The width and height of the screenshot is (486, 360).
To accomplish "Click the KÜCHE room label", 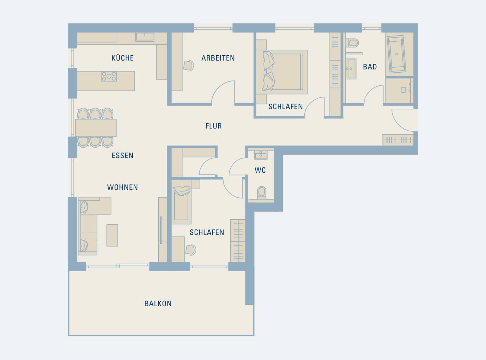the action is (x=122, y=58).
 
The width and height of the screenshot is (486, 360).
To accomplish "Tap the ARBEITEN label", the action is (x=218, y=58).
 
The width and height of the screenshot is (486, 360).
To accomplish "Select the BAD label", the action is (x=370, y=67).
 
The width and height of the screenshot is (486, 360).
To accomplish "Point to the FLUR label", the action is (x=214, y=126).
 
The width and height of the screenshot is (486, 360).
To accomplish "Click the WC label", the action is (x=260, y=170).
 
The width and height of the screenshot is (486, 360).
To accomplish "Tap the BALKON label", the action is (x=158, y=304).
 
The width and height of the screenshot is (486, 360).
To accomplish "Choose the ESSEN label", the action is (x=122, y=156).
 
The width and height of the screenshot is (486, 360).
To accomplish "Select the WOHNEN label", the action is (x=122, y=187).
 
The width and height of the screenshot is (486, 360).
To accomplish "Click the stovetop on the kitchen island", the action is (x=109, y=77).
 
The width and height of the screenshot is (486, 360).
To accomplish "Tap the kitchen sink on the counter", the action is (x=145, y=37).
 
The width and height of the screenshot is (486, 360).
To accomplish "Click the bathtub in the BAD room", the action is (x=397, y=54).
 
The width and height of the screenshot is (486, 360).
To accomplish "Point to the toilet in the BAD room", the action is (x=352, y=43).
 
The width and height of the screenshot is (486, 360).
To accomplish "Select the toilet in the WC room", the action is (x=262, y=192).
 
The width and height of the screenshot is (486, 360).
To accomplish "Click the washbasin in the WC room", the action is (x=261, y=155).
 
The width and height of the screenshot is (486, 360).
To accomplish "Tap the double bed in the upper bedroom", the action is (x=282, y=72).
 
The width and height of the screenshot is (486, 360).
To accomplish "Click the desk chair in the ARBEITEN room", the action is (x=188, y=66).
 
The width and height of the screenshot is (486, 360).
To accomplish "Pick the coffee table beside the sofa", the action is (x=112, y=235).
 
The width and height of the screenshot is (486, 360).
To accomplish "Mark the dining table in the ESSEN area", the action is (x=96, y=128).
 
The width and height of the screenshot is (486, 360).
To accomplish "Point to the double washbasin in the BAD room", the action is (x=351, y=68).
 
